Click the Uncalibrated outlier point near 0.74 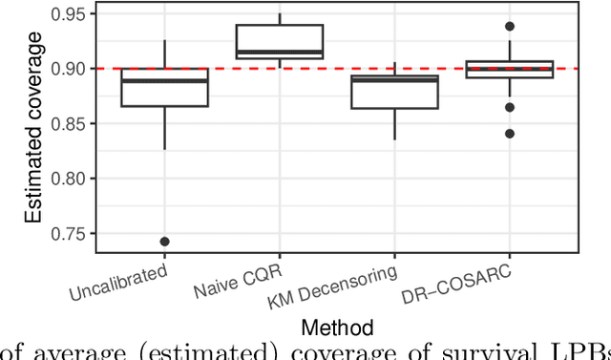click(x=164, y=242)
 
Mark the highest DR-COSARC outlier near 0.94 click(x=510, y=27)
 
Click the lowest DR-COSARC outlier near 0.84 click(x=510, y=134)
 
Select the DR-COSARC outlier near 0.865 click(x=510, y=108)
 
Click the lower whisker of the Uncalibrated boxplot click(x=164, y=128)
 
